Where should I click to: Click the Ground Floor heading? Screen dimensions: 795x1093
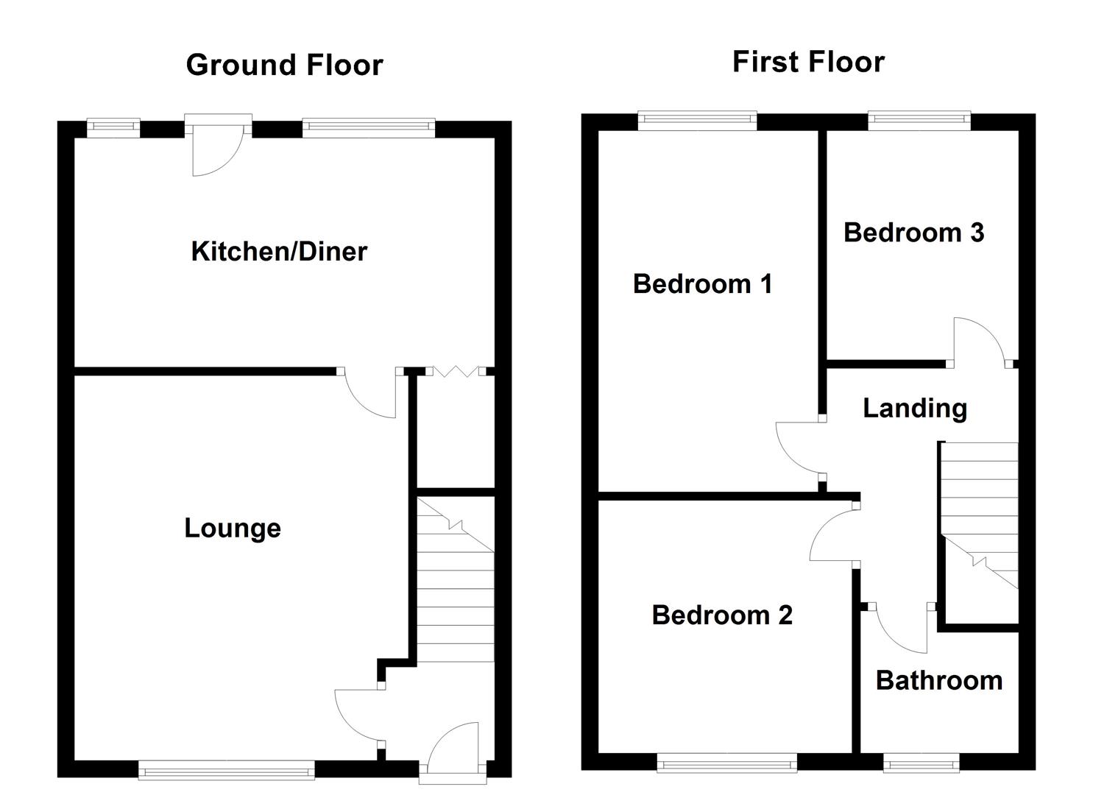pyautogui.click(x=284, y=66)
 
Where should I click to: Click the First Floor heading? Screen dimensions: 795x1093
pyautogui.click(x=808, y=62)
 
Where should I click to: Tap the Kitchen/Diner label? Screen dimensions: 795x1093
pyautogui.click(x=279, y=252)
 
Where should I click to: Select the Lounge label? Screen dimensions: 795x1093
pyautogui.click(x=233, y=529)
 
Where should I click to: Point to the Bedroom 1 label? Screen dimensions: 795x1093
pyautogui.click(x=702, y=284)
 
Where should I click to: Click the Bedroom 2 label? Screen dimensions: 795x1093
pyautogui.click(x=722, y=615)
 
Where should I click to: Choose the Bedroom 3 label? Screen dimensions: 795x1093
pyautogui.click(x=913, y=233)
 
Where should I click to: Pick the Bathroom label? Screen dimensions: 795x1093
pyautogui.click(x=938, y=681)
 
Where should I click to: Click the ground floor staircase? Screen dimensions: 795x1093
pyautogui.click(x=456, y=582)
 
